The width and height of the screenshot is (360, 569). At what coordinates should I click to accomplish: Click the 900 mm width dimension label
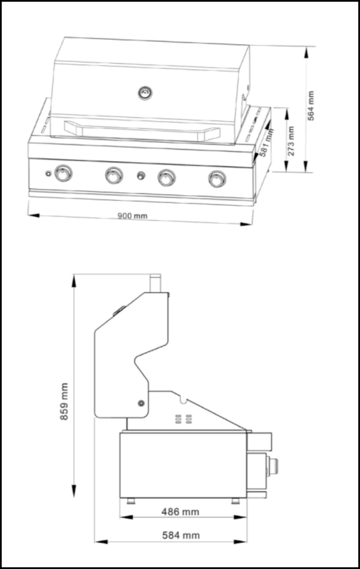[x=132, y=216]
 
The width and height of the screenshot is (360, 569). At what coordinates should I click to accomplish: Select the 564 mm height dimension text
[x=311, y=105]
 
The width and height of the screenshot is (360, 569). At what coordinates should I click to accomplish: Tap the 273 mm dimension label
[x=291, y=141]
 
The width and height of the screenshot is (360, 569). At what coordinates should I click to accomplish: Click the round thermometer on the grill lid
[x=145, y=92]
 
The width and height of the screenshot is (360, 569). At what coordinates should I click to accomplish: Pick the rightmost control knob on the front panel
[x=217, y=178]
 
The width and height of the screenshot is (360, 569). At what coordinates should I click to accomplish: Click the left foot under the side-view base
[x=131, y=501]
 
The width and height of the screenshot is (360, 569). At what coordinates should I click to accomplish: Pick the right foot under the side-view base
[x=235, y=501]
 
